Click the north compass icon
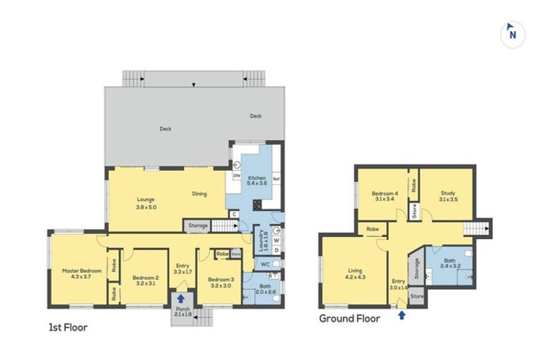pos(513,34)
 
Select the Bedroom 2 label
pos(146,281)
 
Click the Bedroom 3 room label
pos(220,283)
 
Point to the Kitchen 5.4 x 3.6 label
pos(257,181)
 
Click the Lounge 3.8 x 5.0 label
pos(146,203)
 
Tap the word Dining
pos(200,194)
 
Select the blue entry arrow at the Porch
pos(181,299)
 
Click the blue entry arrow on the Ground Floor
pos(401,315)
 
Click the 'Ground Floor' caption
pos(349,319)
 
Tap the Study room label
pos(447,196)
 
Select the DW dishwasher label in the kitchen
pos(237,176)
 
